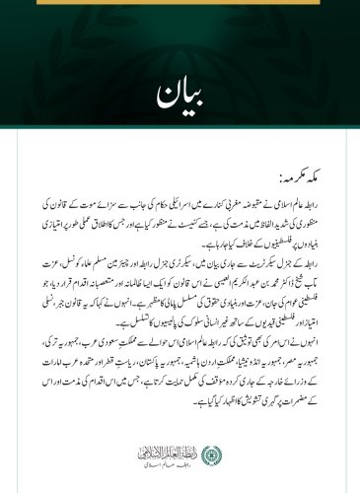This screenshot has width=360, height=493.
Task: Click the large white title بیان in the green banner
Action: (179, 97)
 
